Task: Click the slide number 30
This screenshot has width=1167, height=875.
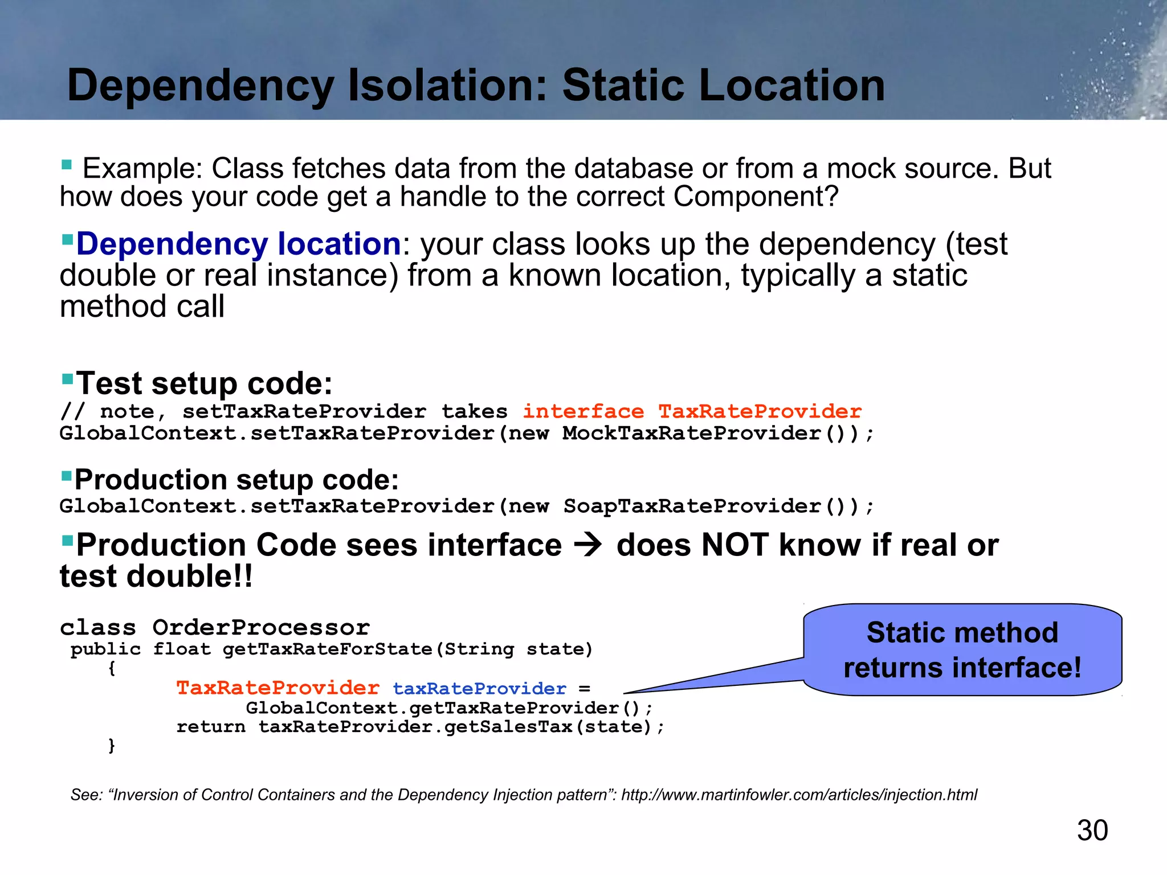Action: pos(1092,830)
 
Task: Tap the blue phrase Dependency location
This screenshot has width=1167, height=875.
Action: pos(239,244)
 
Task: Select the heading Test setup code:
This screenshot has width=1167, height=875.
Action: pos(204,383)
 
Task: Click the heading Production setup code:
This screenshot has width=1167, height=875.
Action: pos(236,479)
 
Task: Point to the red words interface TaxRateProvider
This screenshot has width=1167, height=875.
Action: pos(692,411)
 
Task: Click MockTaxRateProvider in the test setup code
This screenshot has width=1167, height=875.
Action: pos(691,433)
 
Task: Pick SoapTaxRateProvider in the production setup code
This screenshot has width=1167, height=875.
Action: pos(691,506)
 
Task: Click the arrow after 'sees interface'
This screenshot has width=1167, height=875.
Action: pos(588,545)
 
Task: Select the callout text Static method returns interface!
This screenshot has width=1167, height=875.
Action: pos(962,650)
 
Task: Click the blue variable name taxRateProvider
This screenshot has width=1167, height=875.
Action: pos(479,688)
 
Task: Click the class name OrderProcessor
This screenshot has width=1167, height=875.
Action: pos(261,627)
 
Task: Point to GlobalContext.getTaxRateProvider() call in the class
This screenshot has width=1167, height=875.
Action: pos(448,708)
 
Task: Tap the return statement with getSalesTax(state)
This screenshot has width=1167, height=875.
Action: pos(420,727)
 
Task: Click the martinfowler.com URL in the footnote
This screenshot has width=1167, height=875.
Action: pos(799,795)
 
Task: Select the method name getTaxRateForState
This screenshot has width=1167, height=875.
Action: pos(328,649)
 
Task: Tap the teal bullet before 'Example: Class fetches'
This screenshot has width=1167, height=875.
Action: pos(66,165)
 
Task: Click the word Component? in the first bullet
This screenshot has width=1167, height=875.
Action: pos(756,197)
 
